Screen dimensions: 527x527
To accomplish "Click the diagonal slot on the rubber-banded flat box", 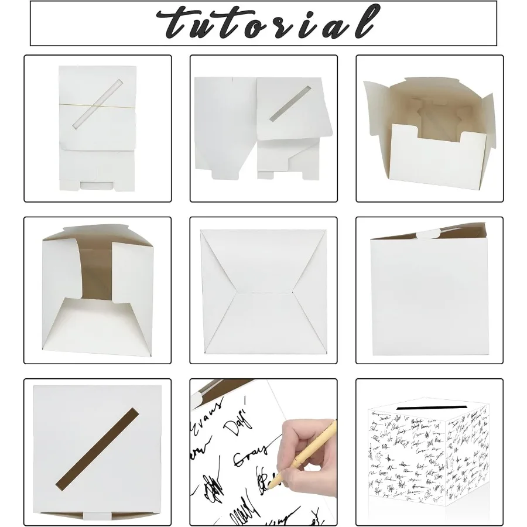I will (x=97, y=105).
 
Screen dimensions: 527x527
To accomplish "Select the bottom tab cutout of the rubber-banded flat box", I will (x=98, y=186).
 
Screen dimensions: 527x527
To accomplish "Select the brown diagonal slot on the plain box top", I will (x=98, y=448).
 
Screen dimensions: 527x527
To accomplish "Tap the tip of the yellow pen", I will (x=271, y=486).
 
